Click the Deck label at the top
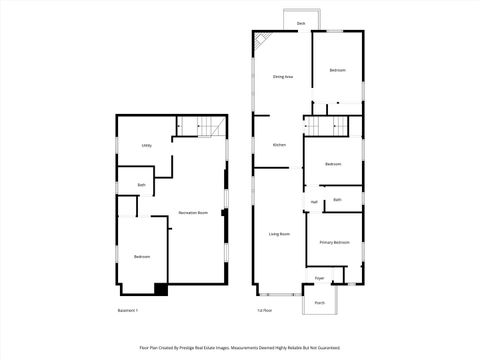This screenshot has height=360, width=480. pyautogui.click(x=300, y=23)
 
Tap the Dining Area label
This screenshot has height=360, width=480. pyautogui.click(x=282, y=76)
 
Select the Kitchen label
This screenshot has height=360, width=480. pyautogui.click(x=280, y=145)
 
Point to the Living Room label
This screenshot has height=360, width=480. pyautogui.click(x=279, y=234)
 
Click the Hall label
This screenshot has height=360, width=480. pyautogui.click(x=314, y=203)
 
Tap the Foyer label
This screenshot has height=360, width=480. pyautogui.click(x=320, y=278)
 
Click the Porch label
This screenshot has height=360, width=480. pyautogui.click(x=320, y=302)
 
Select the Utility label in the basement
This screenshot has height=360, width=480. pyautogui.click(x=146, y=146)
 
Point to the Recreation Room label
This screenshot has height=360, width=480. pyautogui.click(x=193, y=213)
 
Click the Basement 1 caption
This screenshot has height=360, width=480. pyautogui.click(x=128, y=311)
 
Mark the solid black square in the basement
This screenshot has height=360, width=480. pyautogui.click(x=160, y=289)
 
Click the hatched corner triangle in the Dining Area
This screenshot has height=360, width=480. pyautogui.click(x=260, y=40)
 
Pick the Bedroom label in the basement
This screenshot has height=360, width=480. pyautogui.click(x=142, y=257)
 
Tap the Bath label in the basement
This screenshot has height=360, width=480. pyautogui.click(x=142, y=185)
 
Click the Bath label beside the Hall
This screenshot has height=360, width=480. pyautogui.click(x=337, y=200)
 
